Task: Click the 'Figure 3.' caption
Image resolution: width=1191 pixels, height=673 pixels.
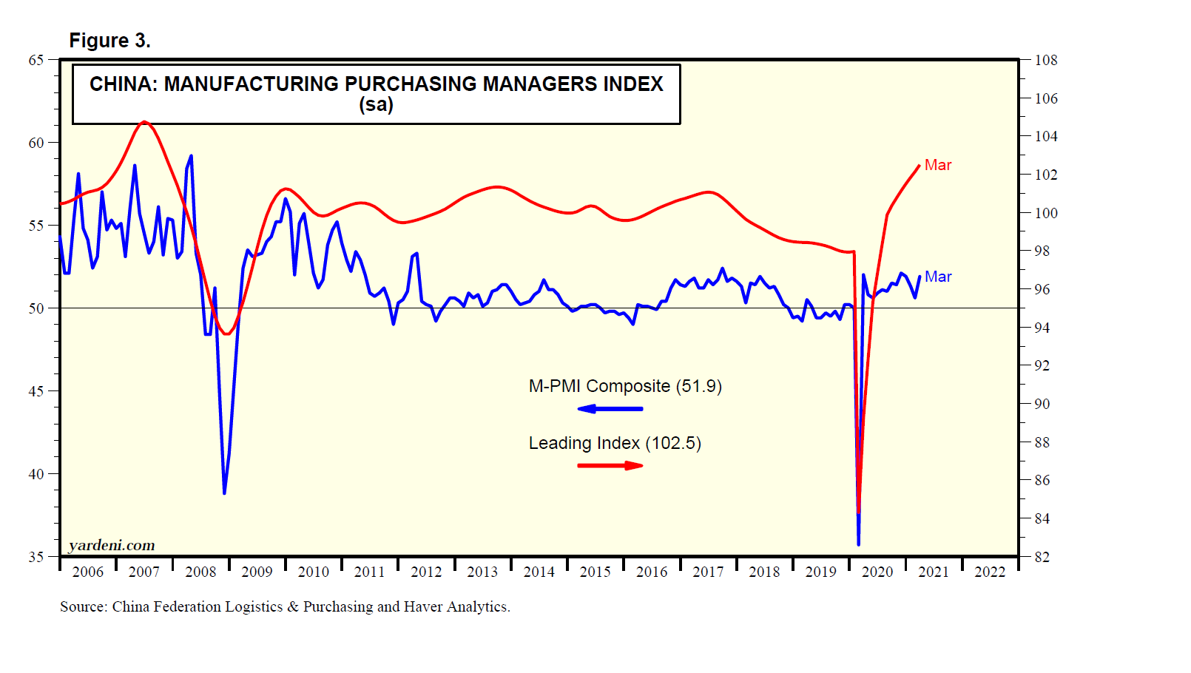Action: (x=109, y=41)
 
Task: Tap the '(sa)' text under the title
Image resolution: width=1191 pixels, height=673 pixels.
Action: (x=376, y=104)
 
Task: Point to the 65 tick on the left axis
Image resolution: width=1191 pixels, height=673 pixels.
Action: (x=36, y=60)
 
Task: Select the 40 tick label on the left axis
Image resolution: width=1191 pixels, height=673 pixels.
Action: (x=36, y=474)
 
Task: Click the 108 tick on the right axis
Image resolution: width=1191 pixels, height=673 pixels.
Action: (x=1046, y=60)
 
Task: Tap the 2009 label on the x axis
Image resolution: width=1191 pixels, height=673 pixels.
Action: (x=257, y=572)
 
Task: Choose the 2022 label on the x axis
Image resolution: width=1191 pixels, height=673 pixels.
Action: (x=990, y=572)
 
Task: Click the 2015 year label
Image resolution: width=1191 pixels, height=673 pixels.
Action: (x=595, y=572)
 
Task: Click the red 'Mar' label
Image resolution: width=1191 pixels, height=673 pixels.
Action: (x=938, y=165)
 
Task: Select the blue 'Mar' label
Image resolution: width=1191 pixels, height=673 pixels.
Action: (x=938, y=277)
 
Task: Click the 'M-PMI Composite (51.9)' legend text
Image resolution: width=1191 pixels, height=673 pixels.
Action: (x=625, y=386)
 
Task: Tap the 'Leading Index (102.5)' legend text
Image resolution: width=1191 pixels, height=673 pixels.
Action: (x=615, y=443)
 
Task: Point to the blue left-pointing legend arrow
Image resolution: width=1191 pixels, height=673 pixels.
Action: (x=610, y=408)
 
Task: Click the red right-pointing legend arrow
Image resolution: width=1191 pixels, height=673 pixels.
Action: (x=610, y=465)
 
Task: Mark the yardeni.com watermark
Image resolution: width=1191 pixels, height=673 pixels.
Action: (x=112, y=545)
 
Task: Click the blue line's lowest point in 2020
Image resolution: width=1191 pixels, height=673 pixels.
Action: (x=858, y=544)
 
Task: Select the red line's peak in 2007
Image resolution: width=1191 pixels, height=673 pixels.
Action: (x=144, y=122)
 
